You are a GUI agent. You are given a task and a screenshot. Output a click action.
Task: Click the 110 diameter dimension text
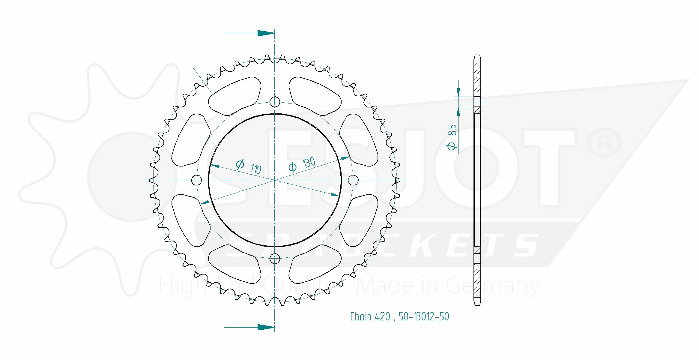point(256,169)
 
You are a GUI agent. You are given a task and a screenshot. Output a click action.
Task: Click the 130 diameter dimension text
point(309,163)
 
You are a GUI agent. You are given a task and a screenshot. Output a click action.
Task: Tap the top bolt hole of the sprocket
point(275,102)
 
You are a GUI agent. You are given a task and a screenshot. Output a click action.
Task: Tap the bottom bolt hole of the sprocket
point(275,258)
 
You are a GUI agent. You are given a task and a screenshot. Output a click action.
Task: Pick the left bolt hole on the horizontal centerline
point(196,180)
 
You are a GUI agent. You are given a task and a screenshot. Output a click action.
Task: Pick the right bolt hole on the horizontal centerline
point(353,180)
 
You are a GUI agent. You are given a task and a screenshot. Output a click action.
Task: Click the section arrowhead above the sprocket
point(266,33)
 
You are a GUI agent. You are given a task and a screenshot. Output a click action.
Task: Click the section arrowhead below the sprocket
point(266,327)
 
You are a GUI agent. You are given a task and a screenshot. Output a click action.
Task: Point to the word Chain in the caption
point(361,316)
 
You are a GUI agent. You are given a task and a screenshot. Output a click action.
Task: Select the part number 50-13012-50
point(424,316)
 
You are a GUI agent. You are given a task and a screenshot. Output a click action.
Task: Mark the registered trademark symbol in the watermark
point(604,142)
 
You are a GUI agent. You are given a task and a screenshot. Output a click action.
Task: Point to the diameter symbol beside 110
point(240,164)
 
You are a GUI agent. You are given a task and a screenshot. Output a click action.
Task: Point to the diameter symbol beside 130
point(292,167)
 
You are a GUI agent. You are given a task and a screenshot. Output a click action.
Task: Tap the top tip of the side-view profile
point(477,56)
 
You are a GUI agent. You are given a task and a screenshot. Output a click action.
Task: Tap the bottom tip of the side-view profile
point(477,304)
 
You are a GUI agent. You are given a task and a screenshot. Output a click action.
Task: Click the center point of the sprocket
point(275,180)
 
